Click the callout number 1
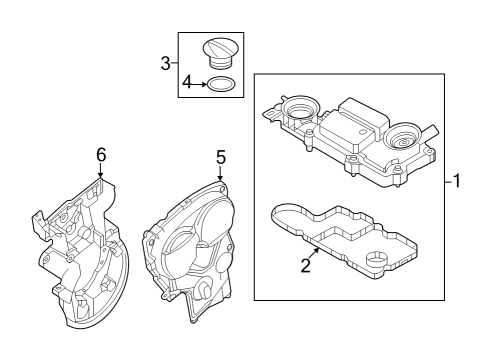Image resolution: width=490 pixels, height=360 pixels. [x=456, y=182]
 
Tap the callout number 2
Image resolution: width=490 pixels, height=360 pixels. [x=306, y=265]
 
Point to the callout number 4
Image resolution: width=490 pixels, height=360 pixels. [x=187, y=84]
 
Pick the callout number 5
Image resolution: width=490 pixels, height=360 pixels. [x=221, y=157]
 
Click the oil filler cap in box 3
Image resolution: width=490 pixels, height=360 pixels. [x=218, y=52]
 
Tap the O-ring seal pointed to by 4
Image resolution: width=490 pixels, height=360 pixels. [x=225, y=84]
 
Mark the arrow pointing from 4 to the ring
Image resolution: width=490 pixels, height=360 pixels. [x=202, y=84]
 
